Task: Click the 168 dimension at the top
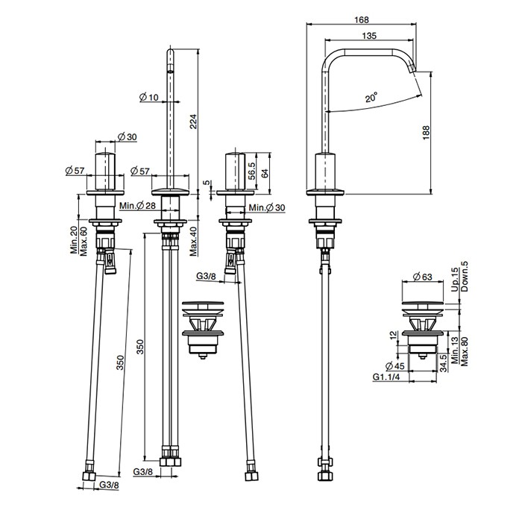pyautogui.click(x=361, y=20)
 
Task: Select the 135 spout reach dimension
pyautogui.click(x=369, y=36)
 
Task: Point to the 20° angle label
pyautogui.click(x=371, y=98)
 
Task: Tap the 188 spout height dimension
pyautogui.click(x=426, y=133)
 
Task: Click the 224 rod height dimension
pyautogui.click(x=193, y=122)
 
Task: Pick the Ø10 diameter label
pyautogui.click(x=149, y=97)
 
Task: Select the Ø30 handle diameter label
pyautogui.click(x=128, y=136)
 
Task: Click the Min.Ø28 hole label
pyautogui.click(x=137, y=206)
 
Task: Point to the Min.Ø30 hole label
pyautogui.click(x=267, y=208)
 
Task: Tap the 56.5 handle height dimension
pyautogui.click(x=252, y=171)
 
